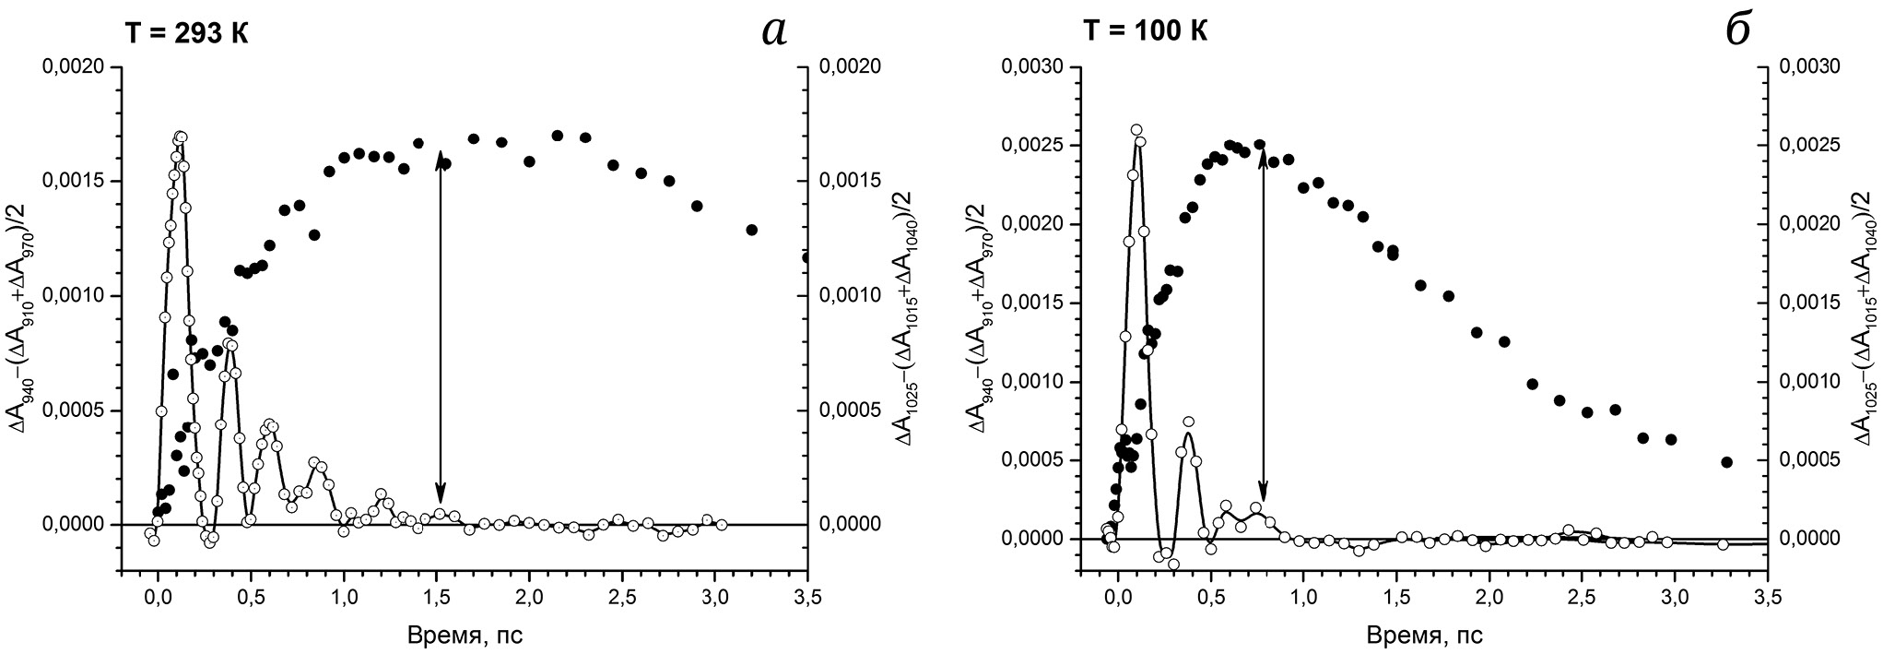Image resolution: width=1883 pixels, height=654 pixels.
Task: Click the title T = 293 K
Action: pyautogui.click(x=186, y=33)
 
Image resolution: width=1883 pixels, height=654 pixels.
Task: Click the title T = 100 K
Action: pyautogui.click(x=1145, y=31)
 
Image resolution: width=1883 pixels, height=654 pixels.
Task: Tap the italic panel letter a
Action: pyautogui.click(x=774, y=31)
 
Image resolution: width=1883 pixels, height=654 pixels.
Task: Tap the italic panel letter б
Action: pyautogui.click(x=1736, y=30)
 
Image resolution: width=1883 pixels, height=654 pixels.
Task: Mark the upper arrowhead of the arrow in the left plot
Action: pyautogui.click(x=441, y=153)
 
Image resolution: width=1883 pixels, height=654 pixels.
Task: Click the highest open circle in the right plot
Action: pyautogui.click(x=1136, y=130)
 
